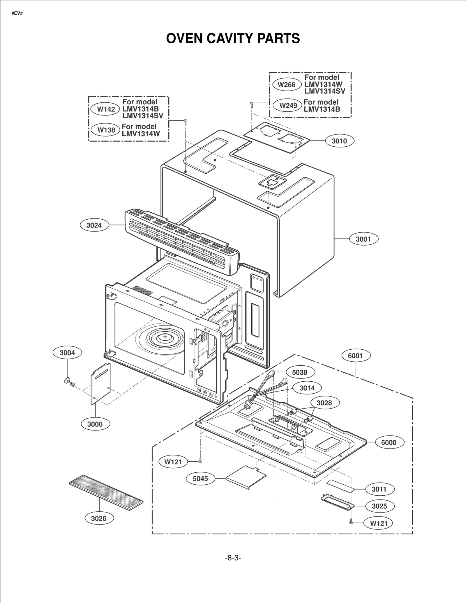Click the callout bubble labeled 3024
tap(94, 225)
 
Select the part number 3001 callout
tap(363, 239)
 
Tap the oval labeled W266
tap(287, 85)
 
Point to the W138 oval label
tap(106, 130)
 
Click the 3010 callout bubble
tap(339, 141)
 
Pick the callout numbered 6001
tap(355, 356)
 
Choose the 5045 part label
tap(200, 479)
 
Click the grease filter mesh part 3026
tap(106, 492)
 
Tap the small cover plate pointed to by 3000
tap(101, 384)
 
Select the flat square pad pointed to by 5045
tap(246, 477)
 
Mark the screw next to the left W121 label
tap(200, 460)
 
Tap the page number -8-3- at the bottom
tap(233, 558)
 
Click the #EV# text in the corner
tap(17, 13)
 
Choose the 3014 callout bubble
tap(307, 388)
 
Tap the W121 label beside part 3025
tap(379, 523)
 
